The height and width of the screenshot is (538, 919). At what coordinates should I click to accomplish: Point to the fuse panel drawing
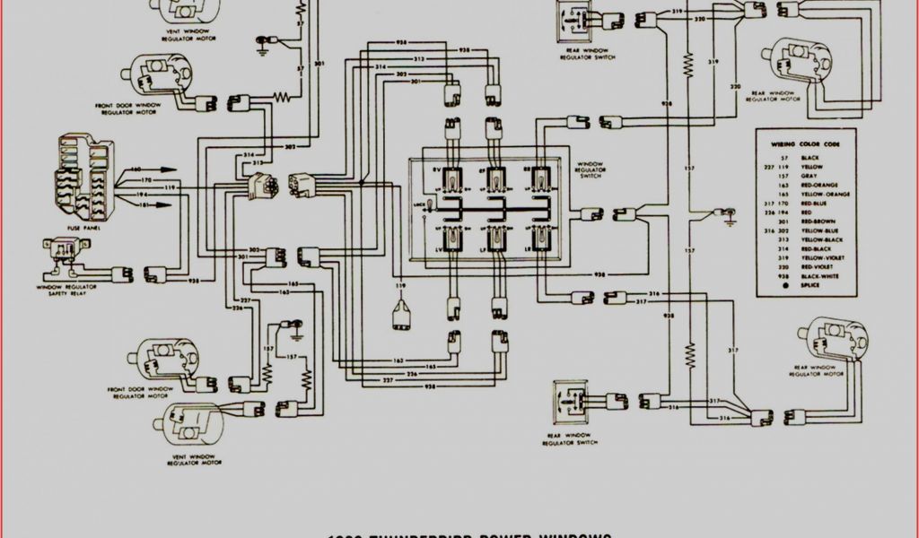click(x=84, y=177)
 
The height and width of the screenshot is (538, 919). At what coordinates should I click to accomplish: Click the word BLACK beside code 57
click(x=810, y=158)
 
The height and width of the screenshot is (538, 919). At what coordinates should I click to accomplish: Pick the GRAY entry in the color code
click(x=809, y=176)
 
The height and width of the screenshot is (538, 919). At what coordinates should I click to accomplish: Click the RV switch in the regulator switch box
click(x=451, y=180)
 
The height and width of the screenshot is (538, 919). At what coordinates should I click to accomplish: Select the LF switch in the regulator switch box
click(x=495, y=239)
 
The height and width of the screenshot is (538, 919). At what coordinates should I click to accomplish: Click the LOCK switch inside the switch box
click(x=430, y=208)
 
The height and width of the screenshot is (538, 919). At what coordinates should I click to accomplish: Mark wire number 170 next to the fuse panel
click(x=146, y=181)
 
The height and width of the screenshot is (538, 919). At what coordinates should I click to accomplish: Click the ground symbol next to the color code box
click(x=730, y=215)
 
